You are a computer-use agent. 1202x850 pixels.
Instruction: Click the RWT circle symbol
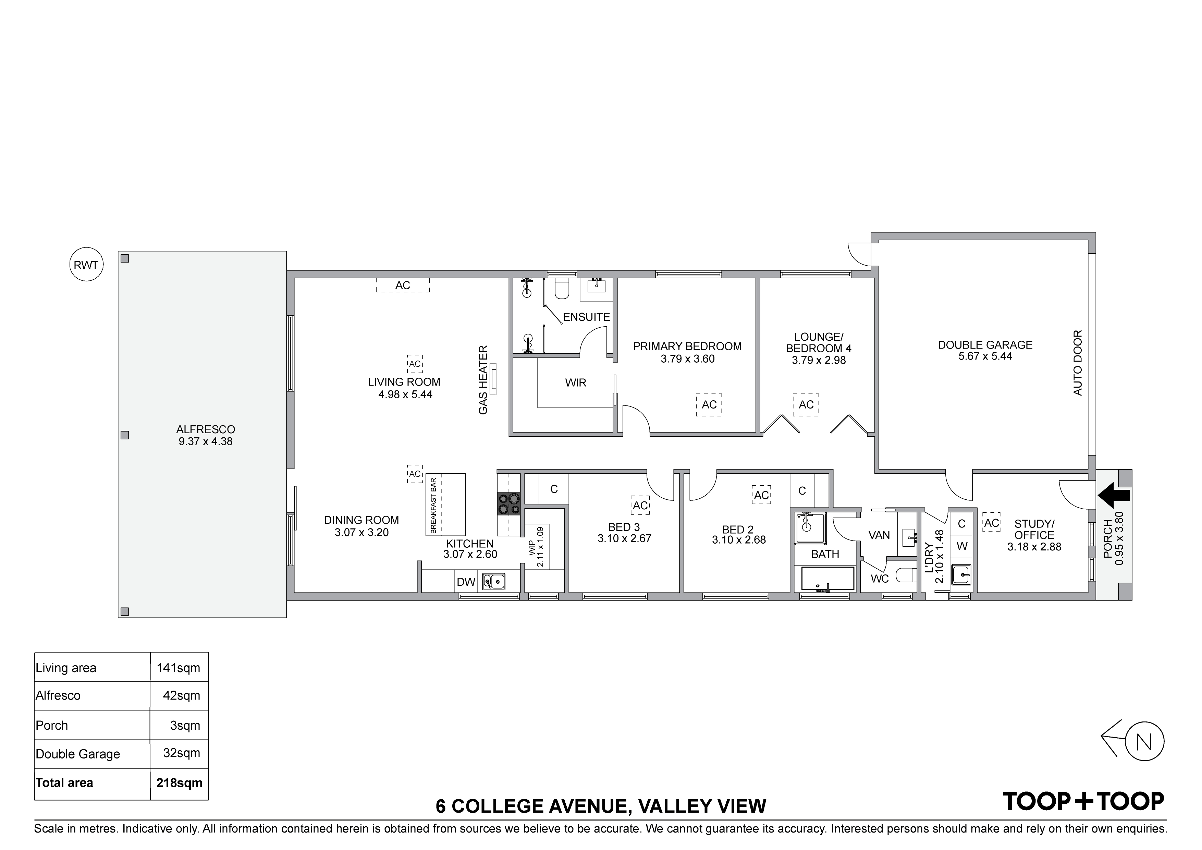click(86, 265)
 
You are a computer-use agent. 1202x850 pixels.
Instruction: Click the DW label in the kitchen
click(466, 582)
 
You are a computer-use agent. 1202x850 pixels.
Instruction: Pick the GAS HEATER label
click(483, 380)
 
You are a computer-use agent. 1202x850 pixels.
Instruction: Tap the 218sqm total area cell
click(180, 783)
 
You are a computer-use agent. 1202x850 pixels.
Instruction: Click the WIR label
click(576, 383)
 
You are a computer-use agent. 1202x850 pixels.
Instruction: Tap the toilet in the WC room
click(905, 576)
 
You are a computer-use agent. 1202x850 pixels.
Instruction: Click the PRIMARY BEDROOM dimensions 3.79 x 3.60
click(687, 359)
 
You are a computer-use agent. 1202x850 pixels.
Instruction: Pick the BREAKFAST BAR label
click(433, 506)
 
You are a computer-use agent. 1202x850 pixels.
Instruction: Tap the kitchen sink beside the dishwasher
click(494, 581)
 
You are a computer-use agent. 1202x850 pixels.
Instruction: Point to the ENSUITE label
click(586, 317)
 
